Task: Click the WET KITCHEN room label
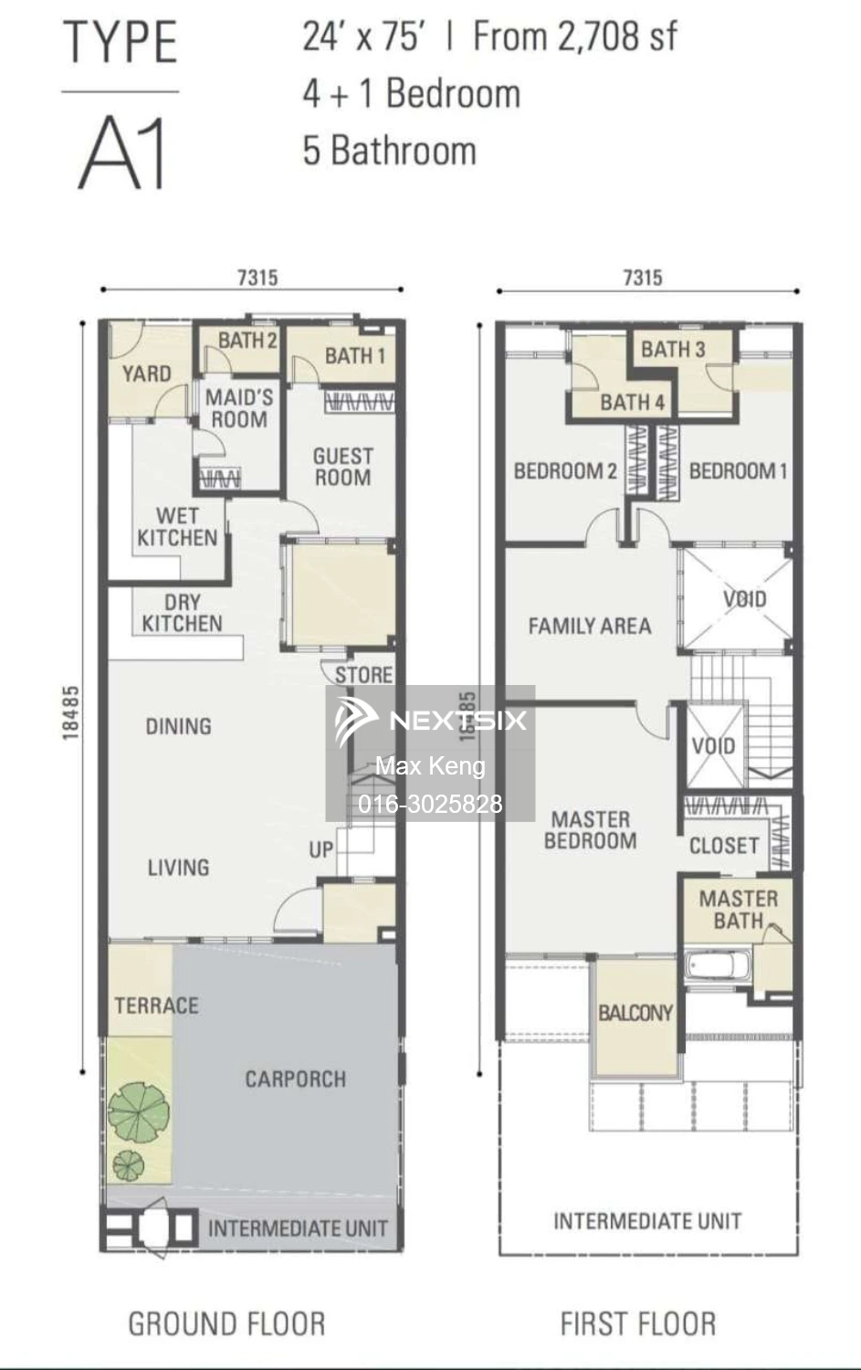click(x=177, y=527)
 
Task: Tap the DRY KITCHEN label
click(x=182, y=613)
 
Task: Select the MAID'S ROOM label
click(x=238, y=408)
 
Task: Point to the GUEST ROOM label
click(x=342, y=466)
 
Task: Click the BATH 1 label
click(x=354, y=355)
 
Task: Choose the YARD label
click(x=146, y=374)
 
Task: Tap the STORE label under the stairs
click(x=363, y=675)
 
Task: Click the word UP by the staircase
click(x=320, y=850)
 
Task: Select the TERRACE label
click(x=156, y=1006)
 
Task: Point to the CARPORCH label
click(x=295, y=1079)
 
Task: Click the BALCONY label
click(x=635, y=1013)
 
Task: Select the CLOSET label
click(x=723, y=846)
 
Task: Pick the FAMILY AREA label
click(x=589, y=626)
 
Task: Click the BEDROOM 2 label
click(x=564, y=471)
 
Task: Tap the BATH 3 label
click(x=672, y=349)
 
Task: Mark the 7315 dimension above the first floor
click(x=643, y=278)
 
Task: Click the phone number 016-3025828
click(x=430, y=804)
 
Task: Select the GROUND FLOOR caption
click(x=226, y=1323)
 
